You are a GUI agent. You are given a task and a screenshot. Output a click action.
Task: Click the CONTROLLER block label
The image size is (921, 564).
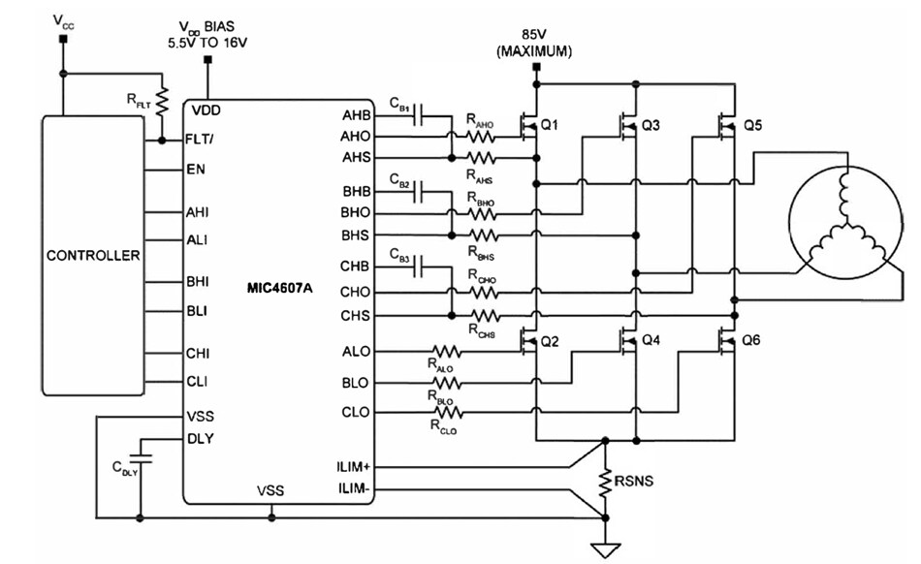93,256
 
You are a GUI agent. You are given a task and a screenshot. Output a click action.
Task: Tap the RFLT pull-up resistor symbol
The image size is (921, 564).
163,100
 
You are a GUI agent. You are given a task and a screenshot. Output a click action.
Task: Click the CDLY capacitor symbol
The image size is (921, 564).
142,454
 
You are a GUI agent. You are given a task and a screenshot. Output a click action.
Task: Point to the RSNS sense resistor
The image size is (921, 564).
606,482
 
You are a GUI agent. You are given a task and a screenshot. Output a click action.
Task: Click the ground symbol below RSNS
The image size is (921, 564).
606,550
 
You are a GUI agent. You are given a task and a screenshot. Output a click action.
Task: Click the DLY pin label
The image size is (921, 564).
200,437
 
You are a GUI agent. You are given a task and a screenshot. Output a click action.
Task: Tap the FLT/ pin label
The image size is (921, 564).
200,140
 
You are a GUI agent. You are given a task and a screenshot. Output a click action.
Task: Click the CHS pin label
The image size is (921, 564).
355,316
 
